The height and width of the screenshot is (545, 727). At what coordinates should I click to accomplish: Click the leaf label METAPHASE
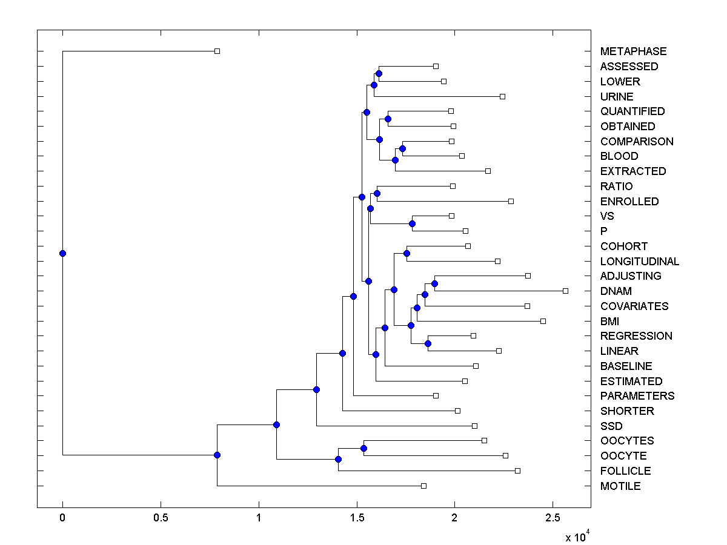tap(633, 51)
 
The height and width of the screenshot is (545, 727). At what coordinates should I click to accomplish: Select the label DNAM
tap(616, 291)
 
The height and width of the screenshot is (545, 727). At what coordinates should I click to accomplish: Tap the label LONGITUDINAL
tap(640, 262)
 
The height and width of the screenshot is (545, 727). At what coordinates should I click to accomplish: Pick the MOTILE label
tap(620, 486)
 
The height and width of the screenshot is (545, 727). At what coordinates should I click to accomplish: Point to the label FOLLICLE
tap(625, 471)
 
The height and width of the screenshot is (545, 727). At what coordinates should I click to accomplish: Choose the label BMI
tap(609, 321)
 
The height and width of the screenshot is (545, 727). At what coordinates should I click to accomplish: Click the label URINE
tap(617, 97)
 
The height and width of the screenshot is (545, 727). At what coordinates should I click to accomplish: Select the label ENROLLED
tap(629, 202)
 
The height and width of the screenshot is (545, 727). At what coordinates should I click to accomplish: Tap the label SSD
tap(611, 426)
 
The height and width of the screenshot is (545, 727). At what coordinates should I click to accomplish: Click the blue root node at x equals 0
tap(62, 253)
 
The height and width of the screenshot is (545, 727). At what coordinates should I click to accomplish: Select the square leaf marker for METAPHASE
tap(217, 51)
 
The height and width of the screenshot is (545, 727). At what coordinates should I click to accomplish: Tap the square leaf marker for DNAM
tap(565, 291)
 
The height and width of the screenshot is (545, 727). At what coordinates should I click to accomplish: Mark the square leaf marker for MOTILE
tap(423, 486)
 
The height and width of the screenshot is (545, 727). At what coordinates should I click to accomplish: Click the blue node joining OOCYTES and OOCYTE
tap(363, 448)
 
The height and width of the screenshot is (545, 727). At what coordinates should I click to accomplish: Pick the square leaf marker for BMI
tap(543, 321)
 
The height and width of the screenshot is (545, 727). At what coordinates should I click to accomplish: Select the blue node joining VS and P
tap(412, 223)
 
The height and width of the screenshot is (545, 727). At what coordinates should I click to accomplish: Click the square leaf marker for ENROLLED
tap(511, 201)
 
